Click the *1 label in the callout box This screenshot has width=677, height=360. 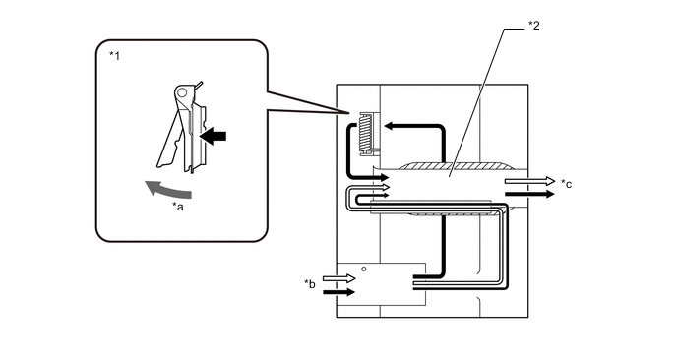point(114,56)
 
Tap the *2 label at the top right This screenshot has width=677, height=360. point(534,26)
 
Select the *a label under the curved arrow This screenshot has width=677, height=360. point(178,207)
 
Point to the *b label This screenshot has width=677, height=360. point(310,284)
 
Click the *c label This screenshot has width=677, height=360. point(567,184)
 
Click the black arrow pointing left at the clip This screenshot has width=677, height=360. point(213,137)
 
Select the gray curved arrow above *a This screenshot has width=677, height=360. point(167,189)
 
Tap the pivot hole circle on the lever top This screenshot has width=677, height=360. point(182,91)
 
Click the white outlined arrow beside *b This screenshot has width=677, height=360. point(338,278)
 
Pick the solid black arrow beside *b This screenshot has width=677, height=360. point(338,292)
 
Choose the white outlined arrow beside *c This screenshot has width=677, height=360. point(529,181)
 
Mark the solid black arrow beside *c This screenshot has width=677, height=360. point(529,194)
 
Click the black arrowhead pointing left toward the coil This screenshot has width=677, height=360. point(389,126)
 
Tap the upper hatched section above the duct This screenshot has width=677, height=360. point(456,166)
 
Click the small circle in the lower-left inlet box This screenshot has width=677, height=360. point(364,269)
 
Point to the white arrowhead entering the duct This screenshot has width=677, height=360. point(386,187)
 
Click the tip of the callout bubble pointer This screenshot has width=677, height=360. point(348,113)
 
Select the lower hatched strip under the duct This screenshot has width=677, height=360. point(454,214)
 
